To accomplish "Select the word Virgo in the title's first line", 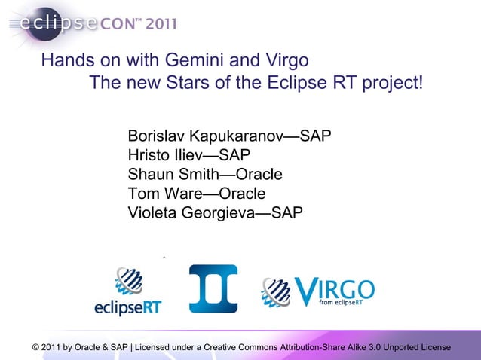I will click(x=283, y=60).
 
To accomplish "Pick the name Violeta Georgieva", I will click(x=191, y=213).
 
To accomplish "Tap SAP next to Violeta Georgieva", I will click(x=287, y=213).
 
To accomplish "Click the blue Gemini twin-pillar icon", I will click(x=213, y=288).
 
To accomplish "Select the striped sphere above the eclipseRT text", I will click(x=129, y=282).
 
